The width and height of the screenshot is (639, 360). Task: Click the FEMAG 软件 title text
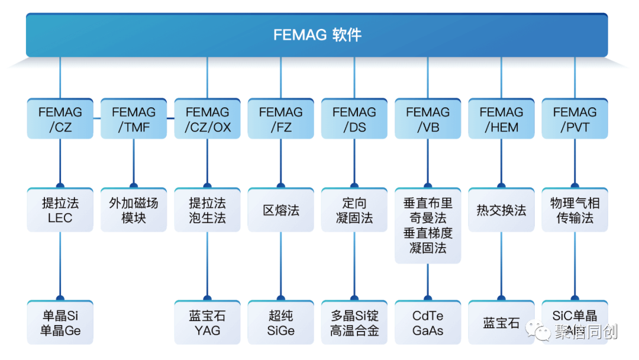point(317,35)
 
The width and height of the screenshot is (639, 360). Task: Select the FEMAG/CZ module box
point(60,119)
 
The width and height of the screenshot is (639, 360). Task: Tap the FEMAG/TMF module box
point(133,119)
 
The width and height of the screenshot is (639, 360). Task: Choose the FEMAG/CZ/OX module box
point(207,119)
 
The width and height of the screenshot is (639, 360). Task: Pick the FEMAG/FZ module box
point(280,119)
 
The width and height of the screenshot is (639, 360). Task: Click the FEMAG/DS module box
point(354,119)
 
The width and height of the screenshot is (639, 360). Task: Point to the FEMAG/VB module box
point(428,119)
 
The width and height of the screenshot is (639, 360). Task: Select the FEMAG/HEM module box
point(501,119)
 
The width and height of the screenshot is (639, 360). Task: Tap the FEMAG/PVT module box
point(575,119)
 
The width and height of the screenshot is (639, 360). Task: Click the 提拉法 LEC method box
point(60,210)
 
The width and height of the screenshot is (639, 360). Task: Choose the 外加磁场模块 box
point(133,210)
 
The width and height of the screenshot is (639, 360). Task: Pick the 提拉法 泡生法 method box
point(207,210)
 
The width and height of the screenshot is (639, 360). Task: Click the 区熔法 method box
point(280,210)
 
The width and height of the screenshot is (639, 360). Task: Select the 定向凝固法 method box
point(354,210)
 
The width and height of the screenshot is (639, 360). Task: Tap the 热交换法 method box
point(501,210)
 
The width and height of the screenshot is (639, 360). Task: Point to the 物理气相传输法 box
point(575,210)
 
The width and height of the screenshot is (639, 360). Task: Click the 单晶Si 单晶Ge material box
point(60,323)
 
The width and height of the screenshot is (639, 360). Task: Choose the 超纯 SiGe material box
point(280,323)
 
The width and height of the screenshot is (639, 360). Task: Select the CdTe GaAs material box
point(428,323)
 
